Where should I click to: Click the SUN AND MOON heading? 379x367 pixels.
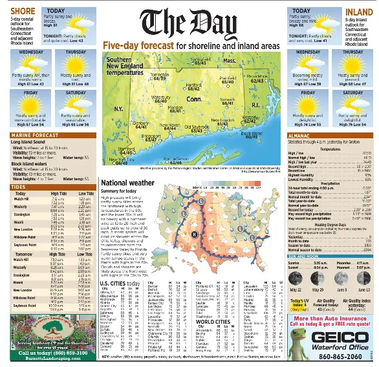coord(306,274)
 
